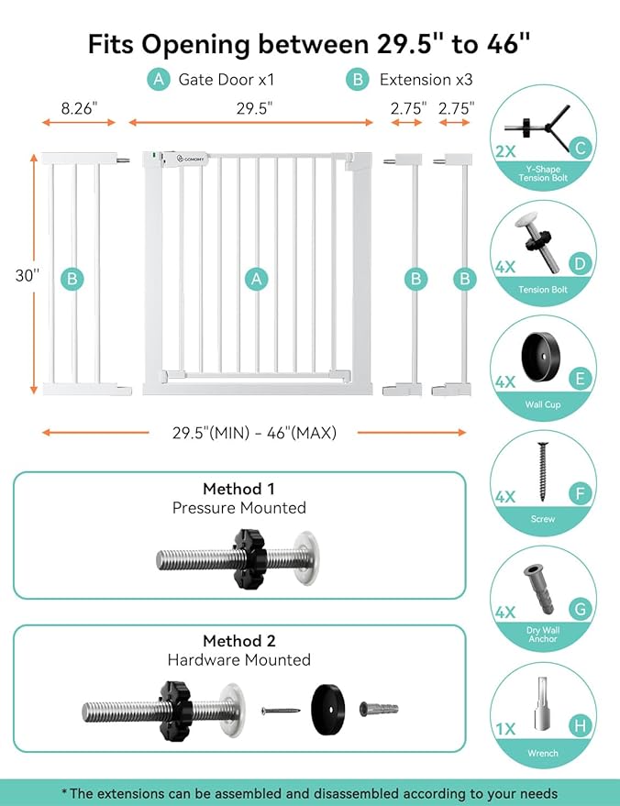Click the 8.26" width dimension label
point(80,107)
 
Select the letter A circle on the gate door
point(257,279)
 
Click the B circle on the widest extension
point(72,279)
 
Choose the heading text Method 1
point(238,489)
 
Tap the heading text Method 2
point(238,641)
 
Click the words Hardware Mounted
point(238,660)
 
